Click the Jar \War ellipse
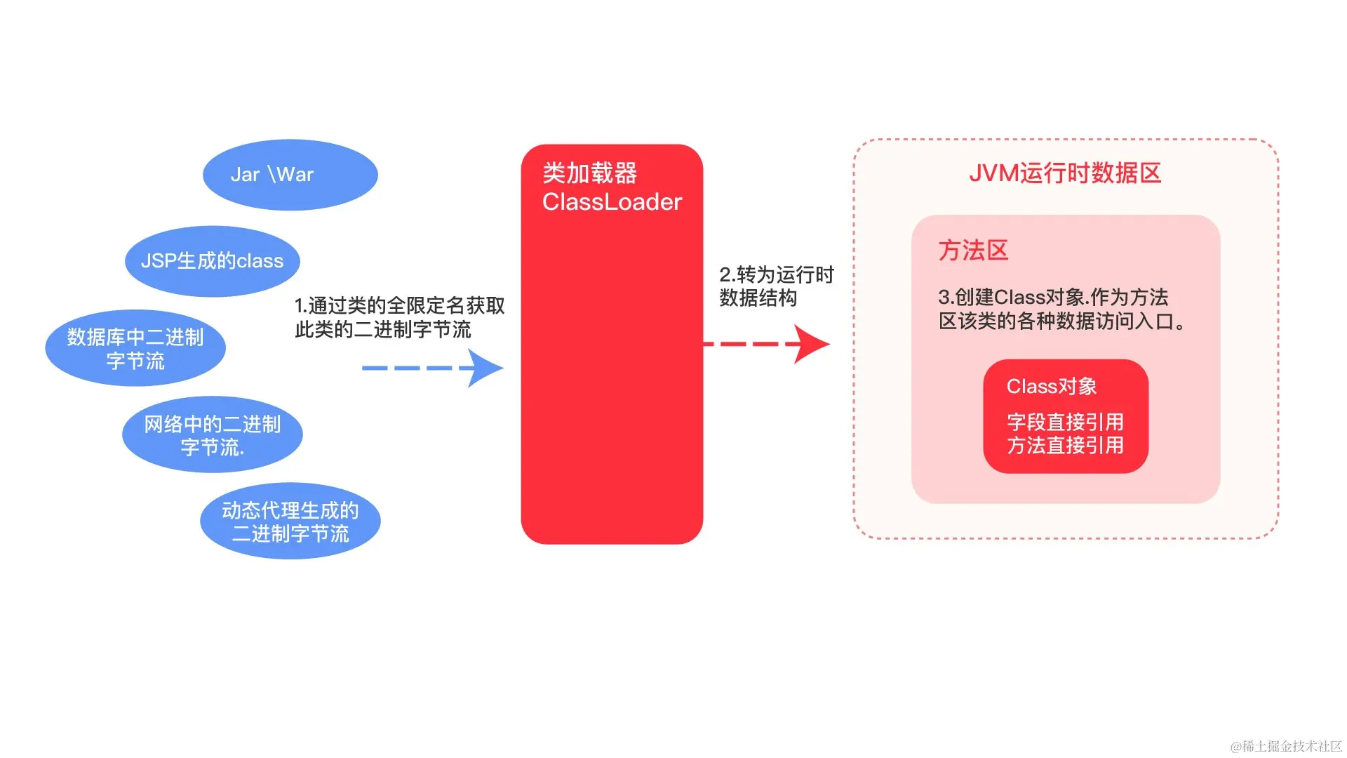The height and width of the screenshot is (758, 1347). click(290, 175)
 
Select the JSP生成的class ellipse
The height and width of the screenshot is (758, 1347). click(212, 261)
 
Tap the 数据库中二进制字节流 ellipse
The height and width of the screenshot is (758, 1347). click(135, 348)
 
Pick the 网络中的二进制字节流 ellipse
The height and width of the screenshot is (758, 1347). click(212, 434)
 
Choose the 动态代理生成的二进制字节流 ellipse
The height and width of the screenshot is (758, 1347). click(290, 521)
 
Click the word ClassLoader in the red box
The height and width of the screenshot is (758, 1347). click(612, 202)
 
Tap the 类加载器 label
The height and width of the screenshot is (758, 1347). click(589, 173)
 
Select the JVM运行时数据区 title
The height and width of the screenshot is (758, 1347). click(1065, 173)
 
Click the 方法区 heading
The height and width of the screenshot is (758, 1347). click(973, 251)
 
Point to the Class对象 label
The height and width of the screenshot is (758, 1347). click(1051, 386)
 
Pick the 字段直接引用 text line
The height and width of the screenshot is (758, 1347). click(1065, 422)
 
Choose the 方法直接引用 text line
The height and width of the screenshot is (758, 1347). click(1065, 446)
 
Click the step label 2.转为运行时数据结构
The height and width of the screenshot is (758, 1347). click(776, 286)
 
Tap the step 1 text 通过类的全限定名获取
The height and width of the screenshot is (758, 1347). click(399, 306)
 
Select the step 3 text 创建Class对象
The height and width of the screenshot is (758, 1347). click(1053, 297)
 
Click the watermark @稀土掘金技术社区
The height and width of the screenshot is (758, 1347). click(1285, 746)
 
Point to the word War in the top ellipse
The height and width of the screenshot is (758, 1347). click(295, 175)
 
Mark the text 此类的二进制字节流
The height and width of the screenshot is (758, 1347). click(383, 330)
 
